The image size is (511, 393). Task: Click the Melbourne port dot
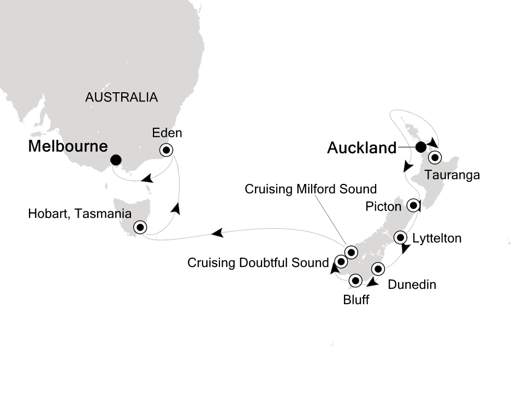116,160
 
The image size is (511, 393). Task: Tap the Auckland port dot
420,147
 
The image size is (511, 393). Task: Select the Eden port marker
165,150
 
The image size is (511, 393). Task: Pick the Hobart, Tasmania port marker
140,227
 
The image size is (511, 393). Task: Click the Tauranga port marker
435,158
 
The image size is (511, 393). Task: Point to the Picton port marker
413,206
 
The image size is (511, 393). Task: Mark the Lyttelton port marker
401,237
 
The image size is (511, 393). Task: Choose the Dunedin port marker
378,269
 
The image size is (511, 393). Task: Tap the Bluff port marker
355,281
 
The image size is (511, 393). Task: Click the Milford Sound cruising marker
350,252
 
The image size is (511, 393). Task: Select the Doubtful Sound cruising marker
341,261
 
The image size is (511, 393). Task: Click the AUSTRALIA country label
121,98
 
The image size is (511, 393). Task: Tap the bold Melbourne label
68,146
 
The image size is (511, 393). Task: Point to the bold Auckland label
361,147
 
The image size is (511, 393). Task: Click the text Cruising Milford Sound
311,189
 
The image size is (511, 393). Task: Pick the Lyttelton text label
437,238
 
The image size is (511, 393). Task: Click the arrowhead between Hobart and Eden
175,208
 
